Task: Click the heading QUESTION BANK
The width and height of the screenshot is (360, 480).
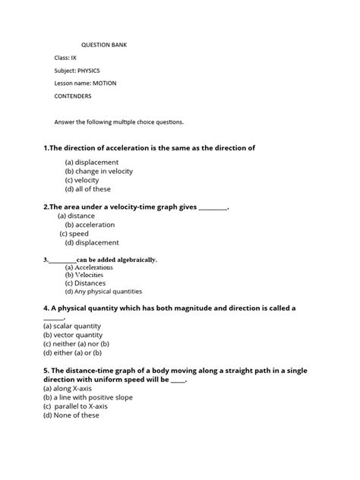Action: point(104,45)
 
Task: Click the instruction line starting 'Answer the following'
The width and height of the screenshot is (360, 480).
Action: point(118,121)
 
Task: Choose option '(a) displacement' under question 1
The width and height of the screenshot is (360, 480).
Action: point(92,162)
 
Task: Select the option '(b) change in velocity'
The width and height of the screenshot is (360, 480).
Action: point(99,171)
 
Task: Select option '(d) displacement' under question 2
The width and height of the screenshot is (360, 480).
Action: point(92,243)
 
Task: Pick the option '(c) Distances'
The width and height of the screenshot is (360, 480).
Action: point(85,283)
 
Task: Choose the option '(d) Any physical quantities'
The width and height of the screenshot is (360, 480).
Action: point(103,291)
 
